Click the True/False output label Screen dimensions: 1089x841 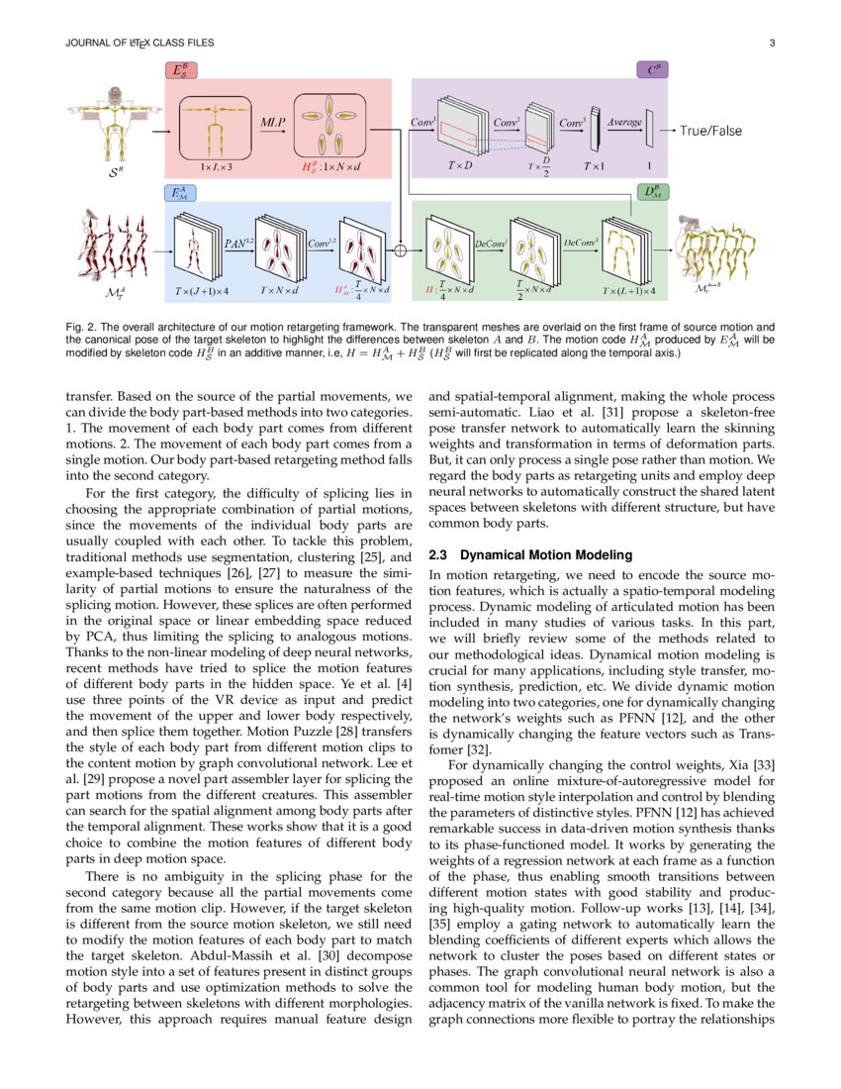[x=710, y=130]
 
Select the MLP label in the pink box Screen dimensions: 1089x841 [x=273, y=121]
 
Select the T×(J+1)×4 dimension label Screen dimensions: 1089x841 [x=202, y=291]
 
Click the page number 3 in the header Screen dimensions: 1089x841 [x=771, y=43]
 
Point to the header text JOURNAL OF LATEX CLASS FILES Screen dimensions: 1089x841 [x=138, y=43]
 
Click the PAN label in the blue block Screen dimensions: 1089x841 [x=235, y=242]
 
